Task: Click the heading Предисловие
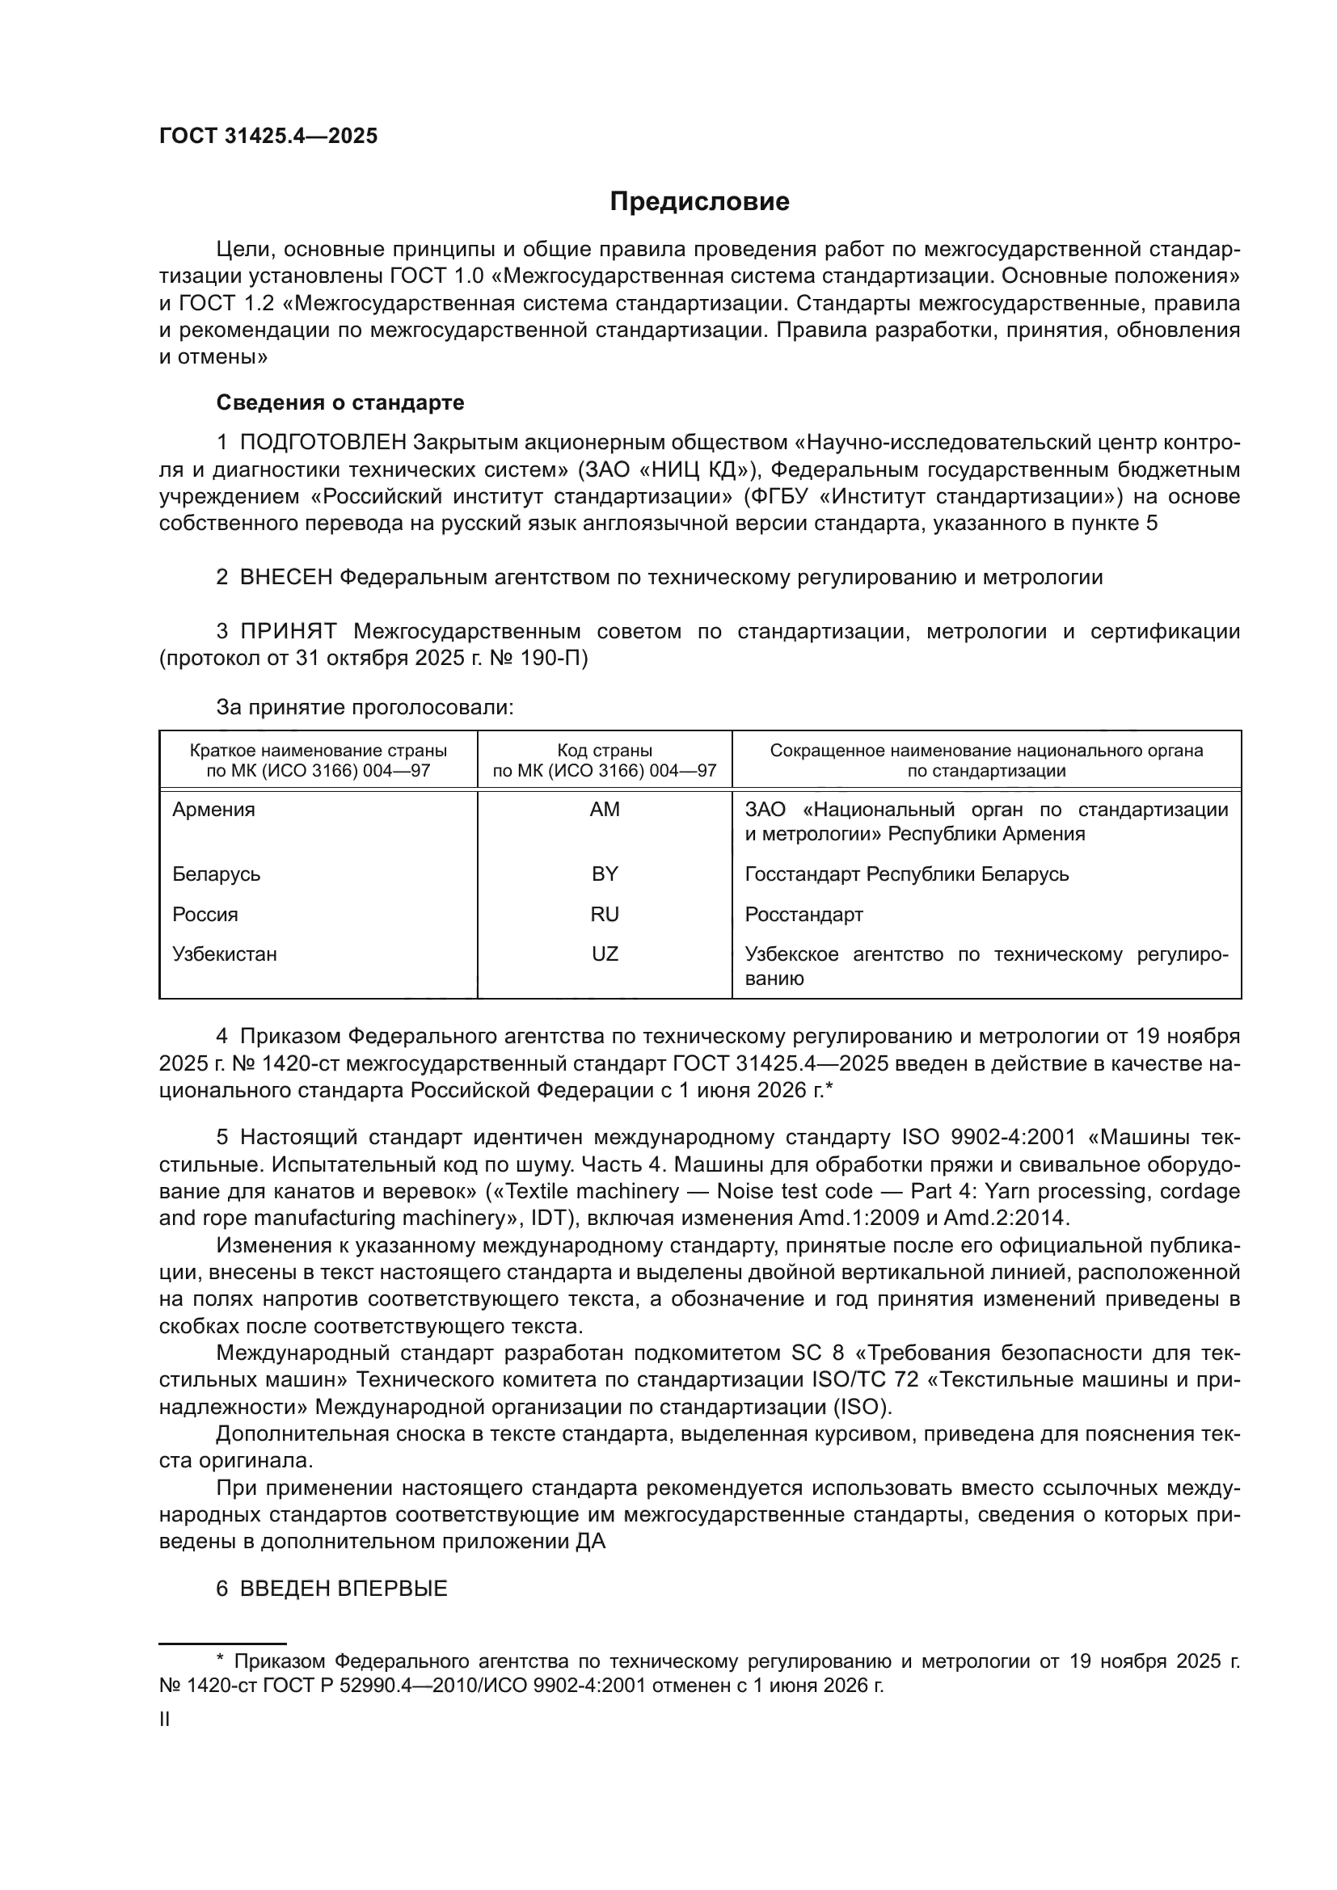[x=699, y=202]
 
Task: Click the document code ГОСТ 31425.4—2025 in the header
[x=268, y=137]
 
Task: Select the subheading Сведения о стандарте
[x=340, y=402]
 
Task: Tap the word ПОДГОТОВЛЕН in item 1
[x=323, y=443]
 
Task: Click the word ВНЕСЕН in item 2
[x=285, y=578]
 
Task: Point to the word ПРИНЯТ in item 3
[x=288, y=631]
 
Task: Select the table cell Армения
[x=214, y=809]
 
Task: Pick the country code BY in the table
[x=605, y=874]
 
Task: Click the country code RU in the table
[x=605, y=915]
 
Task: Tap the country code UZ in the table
[x=605, y=954]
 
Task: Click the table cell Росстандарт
[x=803, y=915]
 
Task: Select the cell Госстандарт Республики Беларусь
[x=906, y=874]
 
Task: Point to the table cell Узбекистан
[x=225, y=954]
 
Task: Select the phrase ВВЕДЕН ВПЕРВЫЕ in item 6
[x=344, y=1589]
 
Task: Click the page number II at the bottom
[x=165, y=1719]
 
